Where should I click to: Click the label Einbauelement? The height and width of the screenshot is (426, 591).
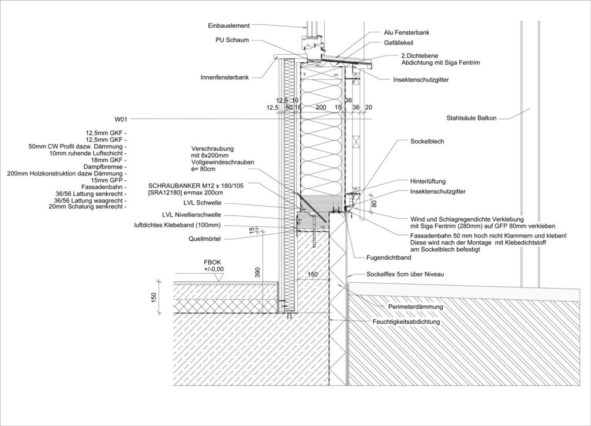point(229,25)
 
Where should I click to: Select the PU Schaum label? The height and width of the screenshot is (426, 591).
point(233,40)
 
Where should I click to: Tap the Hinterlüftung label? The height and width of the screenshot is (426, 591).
point(428,181)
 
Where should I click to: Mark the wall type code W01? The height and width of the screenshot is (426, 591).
point(121,119)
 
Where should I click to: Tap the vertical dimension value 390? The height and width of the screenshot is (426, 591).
point(257,272)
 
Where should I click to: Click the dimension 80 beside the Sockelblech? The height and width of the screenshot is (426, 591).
point(374,203)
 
